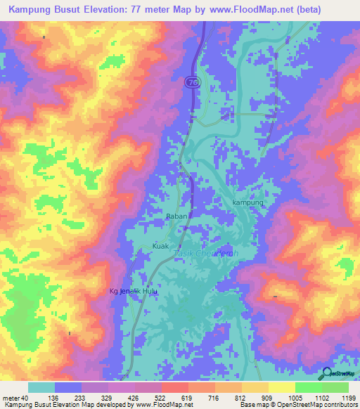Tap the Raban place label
[x=176, y=216]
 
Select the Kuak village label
[x=161, y=246]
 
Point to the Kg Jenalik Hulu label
[x=131, y=292]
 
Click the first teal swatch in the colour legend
[x=41, y=387]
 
